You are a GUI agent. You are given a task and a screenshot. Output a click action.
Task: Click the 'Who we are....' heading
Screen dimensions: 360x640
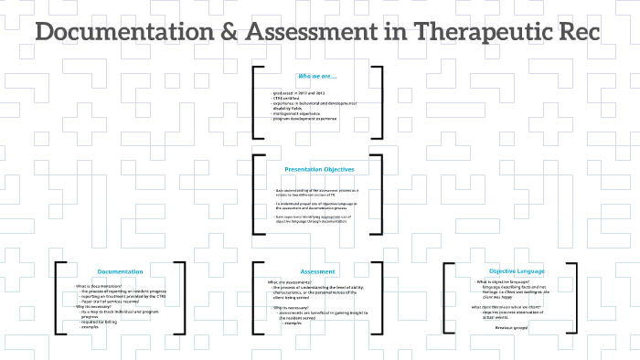click(316, 76)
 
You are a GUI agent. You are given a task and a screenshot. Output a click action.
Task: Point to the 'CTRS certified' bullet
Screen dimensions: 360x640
click(286, 98)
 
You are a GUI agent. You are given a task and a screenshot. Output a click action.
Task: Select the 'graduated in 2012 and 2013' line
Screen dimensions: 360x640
click(300, 93)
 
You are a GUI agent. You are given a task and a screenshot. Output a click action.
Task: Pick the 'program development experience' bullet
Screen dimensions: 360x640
click(304, 118)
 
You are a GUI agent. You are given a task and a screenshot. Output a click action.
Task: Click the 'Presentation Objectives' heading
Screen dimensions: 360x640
click(319, 169)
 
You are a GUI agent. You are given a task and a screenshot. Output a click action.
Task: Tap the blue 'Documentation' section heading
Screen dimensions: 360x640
click(121, 271)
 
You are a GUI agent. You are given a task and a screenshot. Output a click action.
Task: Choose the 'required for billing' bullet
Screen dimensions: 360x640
click(101, 322)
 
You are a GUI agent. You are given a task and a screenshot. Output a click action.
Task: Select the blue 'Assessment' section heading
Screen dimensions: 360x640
click(318, 271)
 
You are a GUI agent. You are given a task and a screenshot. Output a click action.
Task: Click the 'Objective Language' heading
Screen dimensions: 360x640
click(517, 271)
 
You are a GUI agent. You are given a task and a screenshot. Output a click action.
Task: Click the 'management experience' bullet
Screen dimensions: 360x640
click(296, 113)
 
